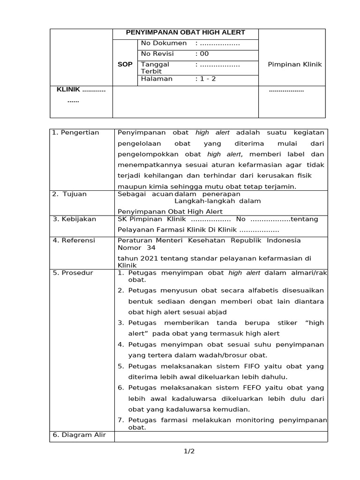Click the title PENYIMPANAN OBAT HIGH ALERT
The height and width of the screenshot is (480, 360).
[185, 33]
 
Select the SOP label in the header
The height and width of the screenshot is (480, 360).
[125, 64]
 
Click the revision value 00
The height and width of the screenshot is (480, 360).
[204, 54]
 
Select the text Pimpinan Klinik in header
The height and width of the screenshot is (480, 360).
[294, 64]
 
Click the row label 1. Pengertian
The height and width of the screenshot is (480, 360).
[75, 133]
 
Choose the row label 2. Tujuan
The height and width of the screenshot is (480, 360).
[69, 194]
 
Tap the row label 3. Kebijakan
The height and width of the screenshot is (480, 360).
[74, 219]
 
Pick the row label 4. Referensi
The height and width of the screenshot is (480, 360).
[74, 240]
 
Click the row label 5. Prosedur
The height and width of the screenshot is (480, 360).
[73, 273]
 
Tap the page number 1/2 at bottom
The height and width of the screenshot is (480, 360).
[188, 451]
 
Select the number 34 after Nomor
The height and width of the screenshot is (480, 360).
[151, 247]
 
